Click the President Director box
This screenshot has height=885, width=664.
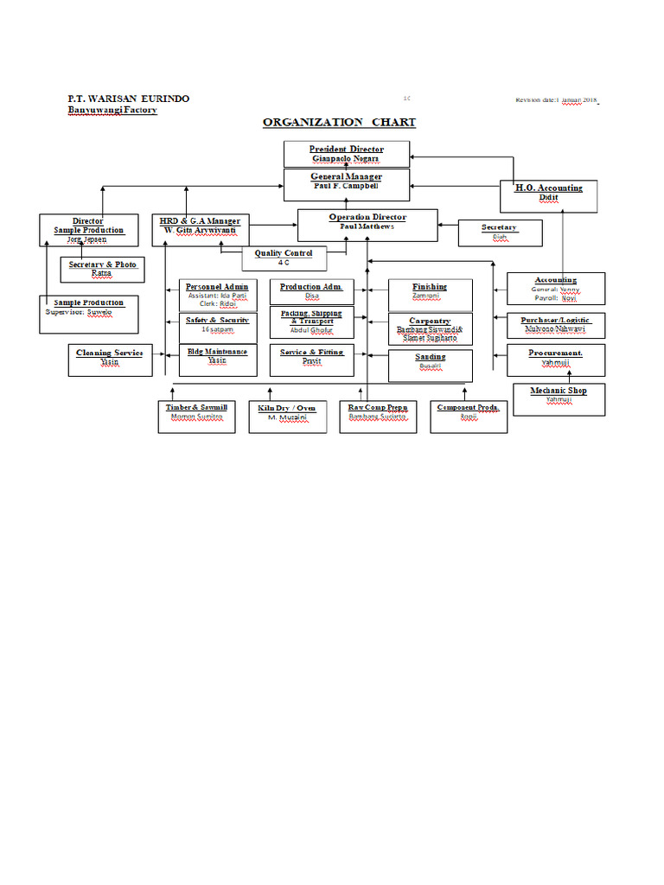tap(346, 154)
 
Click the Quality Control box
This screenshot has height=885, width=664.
tap(283, 258)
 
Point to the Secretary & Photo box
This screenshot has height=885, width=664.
tap(102, 269)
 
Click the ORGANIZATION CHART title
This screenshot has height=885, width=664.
tap(339, 123)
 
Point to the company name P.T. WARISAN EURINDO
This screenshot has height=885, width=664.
tap(129, 99)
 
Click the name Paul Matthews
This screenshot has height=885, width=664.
tap(367, 227)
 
